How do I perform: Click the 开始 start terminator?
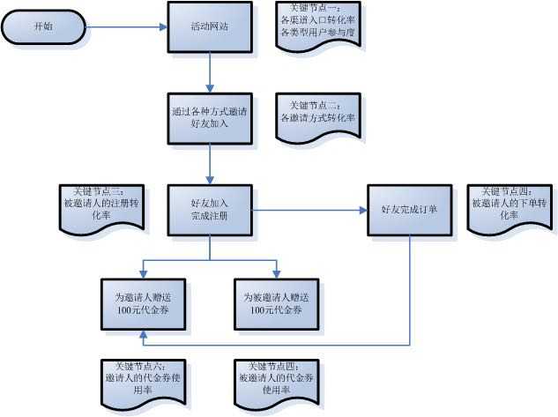click(x=42, y=26)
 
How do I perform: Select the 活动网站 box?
click(x=210, y=26)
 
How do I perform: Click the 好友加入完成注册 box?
click(x=210, y=210)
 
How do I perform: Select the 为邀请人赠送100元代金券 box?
click(x=143, y=304)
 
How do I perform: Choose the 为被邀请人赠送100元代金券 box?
click(x=276, y=304)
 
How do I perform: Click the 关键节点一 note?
click(x=317, y=26)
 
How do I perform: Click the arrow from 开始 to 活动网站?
click(x=123, y=26)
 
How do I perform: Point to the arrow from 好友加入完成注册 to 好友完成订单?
click(x=309, y=210)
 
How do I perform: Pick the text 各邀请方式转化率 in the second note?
click(x=317, y=117)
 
